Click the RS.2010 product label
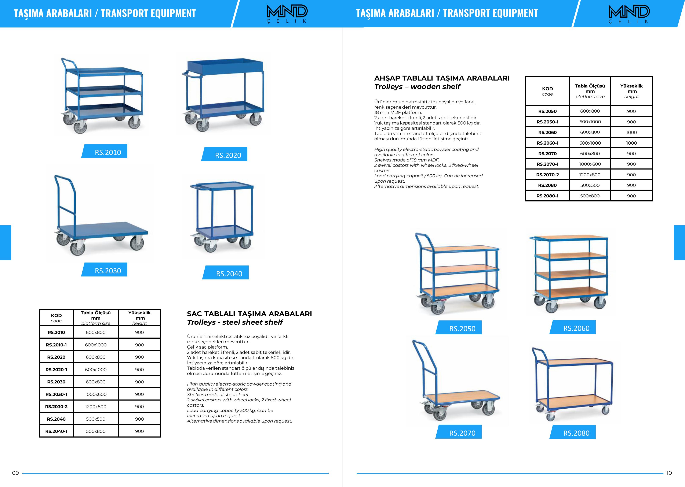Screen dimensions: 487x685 click(x=108, y=152)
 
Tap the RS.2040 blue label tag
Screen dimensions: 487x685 click(x=229, y=273)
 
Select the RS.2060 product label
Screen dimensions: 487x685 click(x=576, y=328)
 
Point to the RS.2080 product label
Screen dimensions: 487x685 click(x=576, y=433)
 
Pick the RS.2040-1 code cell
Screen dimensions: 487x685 click(x=57, y=431)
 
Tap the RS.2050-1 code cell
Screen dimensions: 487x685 click(x=547, y=122)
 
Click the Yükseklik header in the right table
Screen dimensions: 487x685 click(x=631, y=91)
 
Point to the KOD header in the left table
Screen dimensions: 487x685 click(x=57, y=317)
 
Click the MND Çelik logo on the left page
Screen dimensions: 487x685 click(x=287, y=14)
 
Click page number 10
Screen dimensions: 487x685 click(x=669, y=473)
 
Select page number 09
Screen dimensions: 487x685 click(x=15, y=473)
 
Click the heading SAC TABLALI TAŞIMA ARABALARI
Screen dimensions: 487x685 click(x=249, y=314)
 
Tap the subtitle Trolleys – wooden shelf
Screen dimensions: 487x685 click(x=417, y=87)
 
